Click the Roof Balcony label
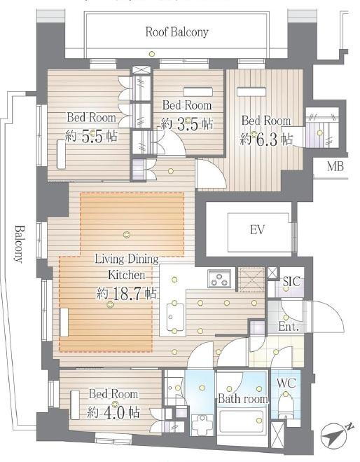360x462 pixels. coord(177,32)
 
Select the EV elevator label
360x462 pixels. coord(257,229)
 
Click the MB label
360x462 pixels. coord(335,166)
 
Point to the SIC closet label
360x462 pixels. coord(291,281)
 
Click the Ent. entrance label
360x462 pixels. coord(289,327)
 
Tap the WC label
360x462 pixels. coord(286,383)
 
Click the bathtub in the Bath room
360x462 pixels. coord(242,422)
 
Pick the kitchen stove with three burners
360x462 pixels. coord(220,279)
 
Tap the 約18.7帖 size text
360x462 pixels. coord(126,294)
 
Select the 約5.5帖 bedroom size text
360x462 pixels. coord(91,136)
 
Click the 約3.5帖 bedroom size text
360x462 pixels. coord(187,124)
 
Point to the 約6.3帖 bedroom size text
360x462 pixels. coord(266,139)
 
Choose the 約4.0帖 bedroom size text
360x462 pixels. coord(113,412)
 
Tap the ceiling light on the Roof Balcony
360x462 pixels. coord(151,53)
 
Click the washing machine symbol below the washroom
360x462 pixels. coord(202,425)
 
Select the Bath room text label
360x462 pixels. coord(243,399)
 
